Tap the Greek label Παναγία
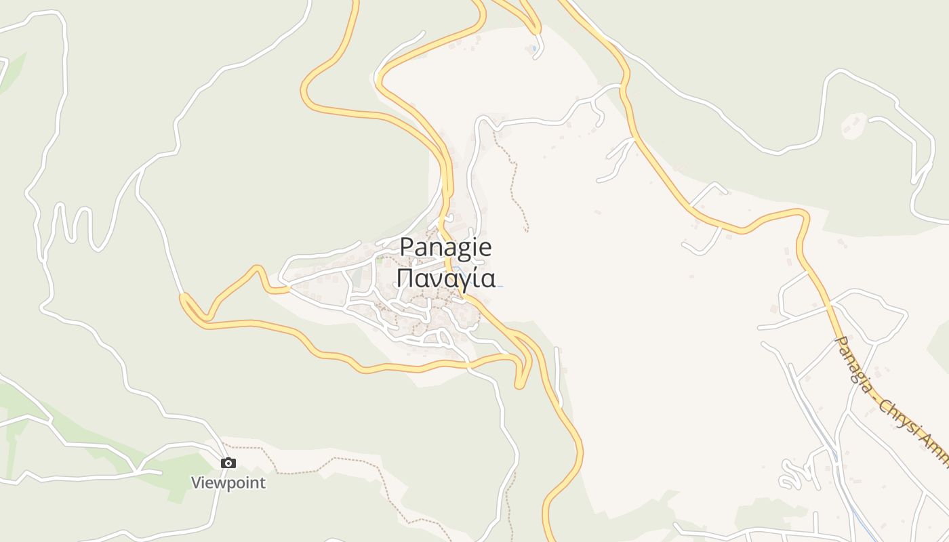pos(445,278)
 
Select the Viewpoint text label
pos(228,483)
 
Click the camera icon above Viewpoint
pos(228,463)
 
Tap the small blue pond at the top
pos(534,48)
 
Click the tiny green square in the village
pos(379,259)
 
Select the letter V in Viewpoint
pos(196,483)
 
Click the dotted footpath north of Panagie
pos(515,176)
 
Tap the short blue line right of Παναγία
pos(500,286)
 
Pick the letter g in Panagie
pos(462,249)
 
